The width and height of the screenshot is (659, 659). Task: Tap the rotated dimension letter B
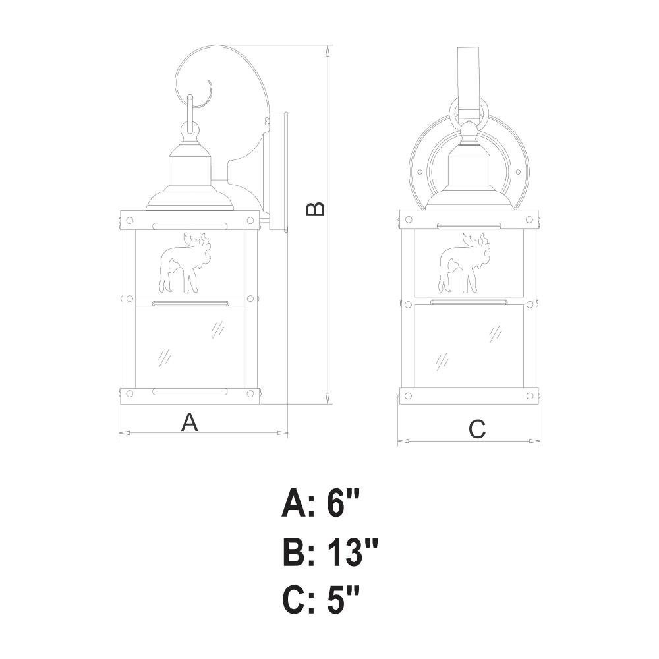pos(315,209)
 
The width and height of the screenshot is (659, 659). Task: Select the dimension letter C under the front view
pos(477,429)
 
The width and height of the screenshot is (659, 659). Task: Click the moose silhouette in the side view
pos(183,263)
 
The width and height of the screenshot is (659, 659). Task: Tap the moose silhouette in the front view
pos(463,263)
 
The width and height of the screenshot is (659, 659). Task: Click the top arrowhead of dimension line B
pos(328,51)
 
